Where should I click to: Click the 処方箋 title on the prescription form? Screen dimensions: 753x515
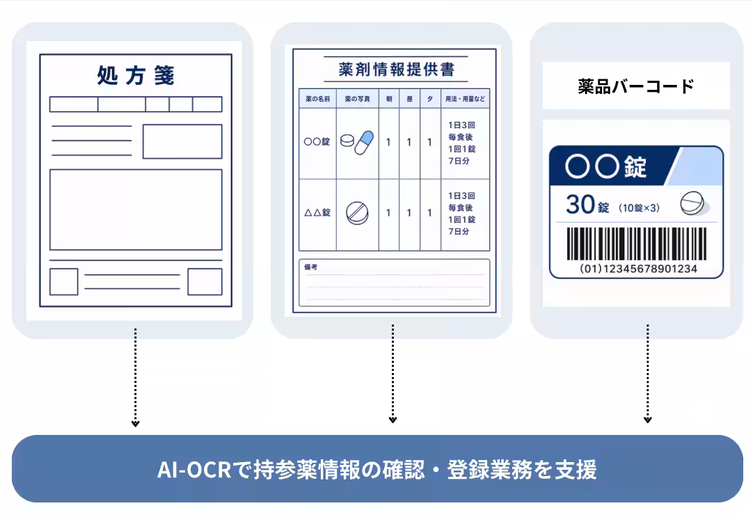tap(136, 75)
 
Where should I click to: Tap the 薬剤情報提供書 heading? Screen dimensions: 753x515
tap(396, 70)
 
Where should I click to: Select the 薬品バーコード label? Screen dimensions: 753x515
tap(636, 86)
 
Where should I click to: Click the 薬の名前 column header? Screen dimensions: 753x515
tap(317, 99)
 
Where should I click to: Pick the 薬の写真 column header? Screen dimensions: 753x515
tap(357, 99)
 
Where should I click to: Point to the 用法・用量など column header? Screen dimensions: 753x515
tap(465, 99)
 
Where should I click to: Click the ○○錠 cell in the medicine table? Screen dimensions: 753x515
tap(317, 142)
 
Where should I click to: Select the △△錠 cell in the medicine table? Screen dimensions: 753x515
tap(317, 212)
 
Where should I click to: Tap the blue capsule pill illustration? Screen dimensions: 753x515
tap(364, 143)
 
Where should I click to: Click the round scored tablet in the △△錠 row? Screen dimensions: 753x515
tap(357, 213)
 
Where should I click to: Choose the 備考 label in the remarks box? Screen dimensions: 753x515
tap(310, 267)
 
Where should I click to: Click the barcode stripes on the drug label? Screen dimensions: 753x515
tap(637, 244)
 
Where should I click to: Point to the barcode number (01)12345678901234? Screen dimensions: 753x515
tap(638, 269)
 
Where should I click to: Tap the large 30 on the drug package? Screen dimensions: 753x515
tap(580, 205)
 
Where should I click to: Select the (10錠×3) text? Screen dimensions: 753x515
tap(639, 208)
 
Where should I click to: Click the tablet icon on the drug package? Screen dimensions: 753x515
tap(692, 203)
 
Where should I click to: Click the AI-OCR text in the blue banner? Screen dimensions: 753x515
tap(194, 470)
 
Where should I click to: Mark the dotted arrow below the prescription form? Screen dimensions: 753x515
tap(136, 378)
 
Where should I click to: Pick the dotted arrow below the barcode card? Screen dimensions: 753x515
tap(648, 374)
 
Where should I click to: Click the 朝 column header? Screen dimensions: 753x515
tap(389, 99)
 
